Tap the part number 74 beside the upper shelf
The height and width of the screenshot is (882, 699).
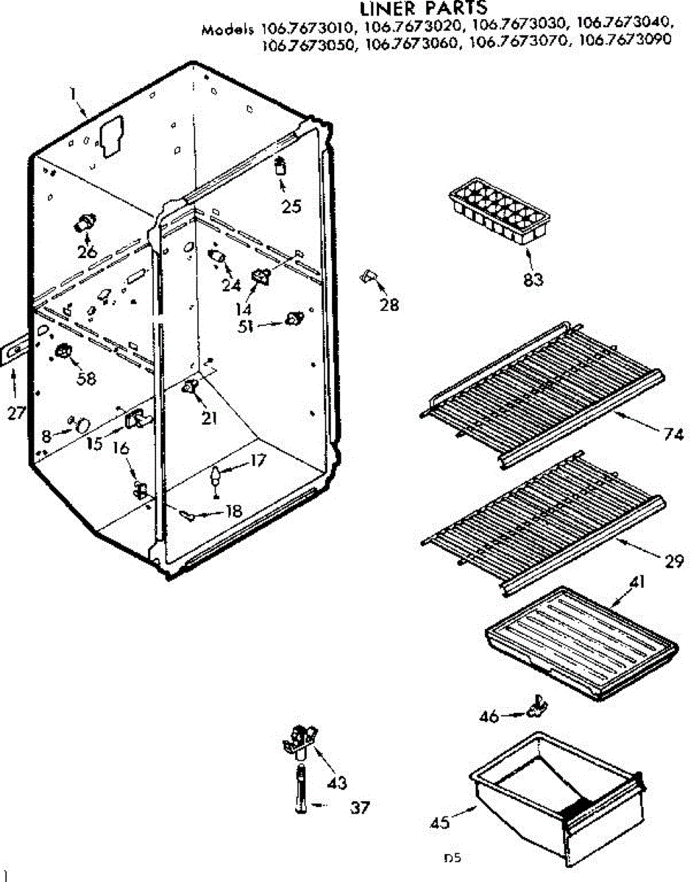[x=673, y=434]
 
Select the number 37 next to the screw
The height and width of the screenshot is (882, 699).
[x=359, y=808]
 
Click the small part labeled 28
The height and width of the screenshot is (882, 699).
[x=369, y=276]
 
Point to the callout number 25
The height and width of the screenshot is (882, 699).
[x=291, y=207]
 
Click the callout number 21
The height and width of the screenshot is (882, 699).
[x=209, y=418]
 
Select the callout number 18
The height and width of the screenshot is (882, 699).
[x=233, y=510]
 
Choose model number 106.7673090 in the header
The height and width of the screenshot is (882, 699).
[x=625, y=42]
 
